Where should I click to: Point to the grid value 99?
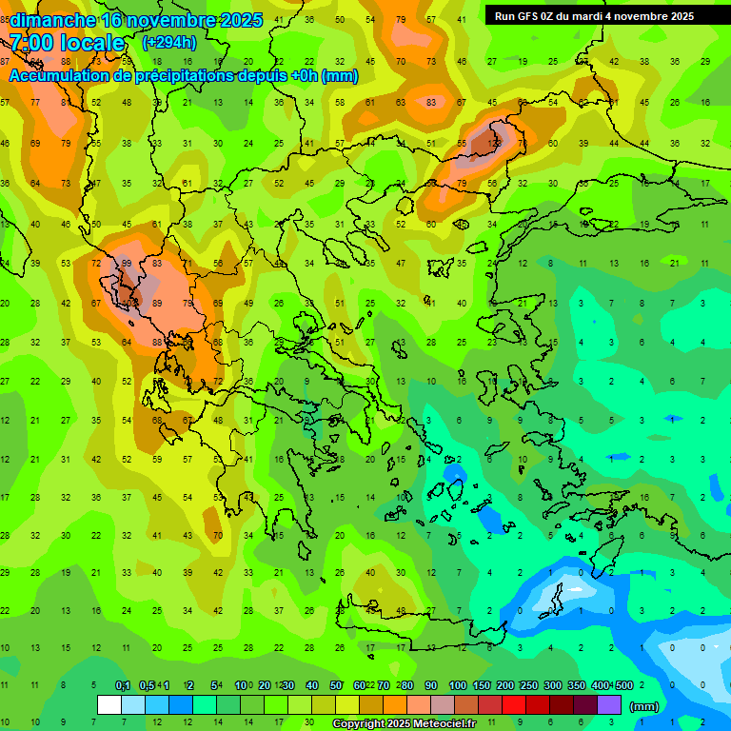(126, 263)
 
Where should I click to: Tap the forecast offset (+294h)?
(169, 42)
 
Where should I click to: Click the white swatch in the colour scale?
(109, 705)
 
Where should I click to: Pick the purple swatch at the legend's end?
(609, 705)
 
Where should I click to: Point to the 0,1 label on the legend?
(123, 685)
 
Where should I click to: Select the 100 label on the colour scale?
(458, 685)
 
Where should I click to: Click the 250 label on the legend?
(528, 685)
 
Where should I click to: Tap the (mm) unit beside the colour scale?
(644, 706)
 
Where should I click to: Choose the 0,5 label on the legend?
(147, 685)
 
